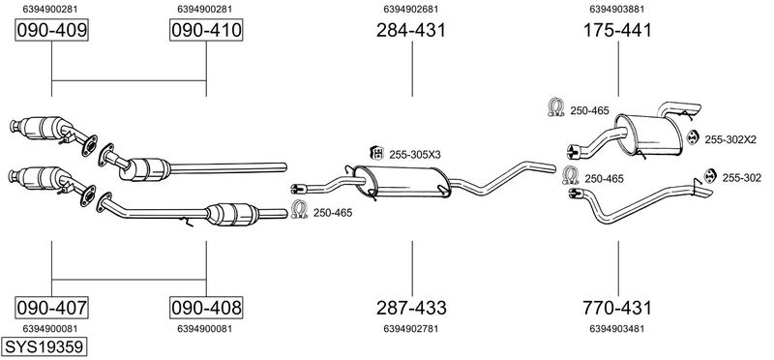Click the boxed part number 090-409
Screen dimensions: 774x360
click(52, 30)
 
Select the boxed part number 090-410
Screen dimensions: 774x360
click(206, 30)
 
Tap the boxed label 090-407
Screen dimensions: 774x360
click(52, 308)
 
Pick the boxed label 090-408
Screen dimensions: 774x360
click(206, 308)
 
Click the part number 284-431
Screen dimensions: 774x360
click(411, 30)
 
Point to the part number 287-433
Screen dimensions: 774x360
click(411, 308)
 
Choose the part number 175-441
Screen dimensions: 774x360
click(617, 30)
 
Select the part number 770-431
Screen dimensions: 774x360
click(617, 308)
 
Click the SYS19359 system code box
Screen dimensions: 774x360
click(44, 346)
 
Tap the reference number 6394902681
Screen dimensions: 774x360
click(411, 9)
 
